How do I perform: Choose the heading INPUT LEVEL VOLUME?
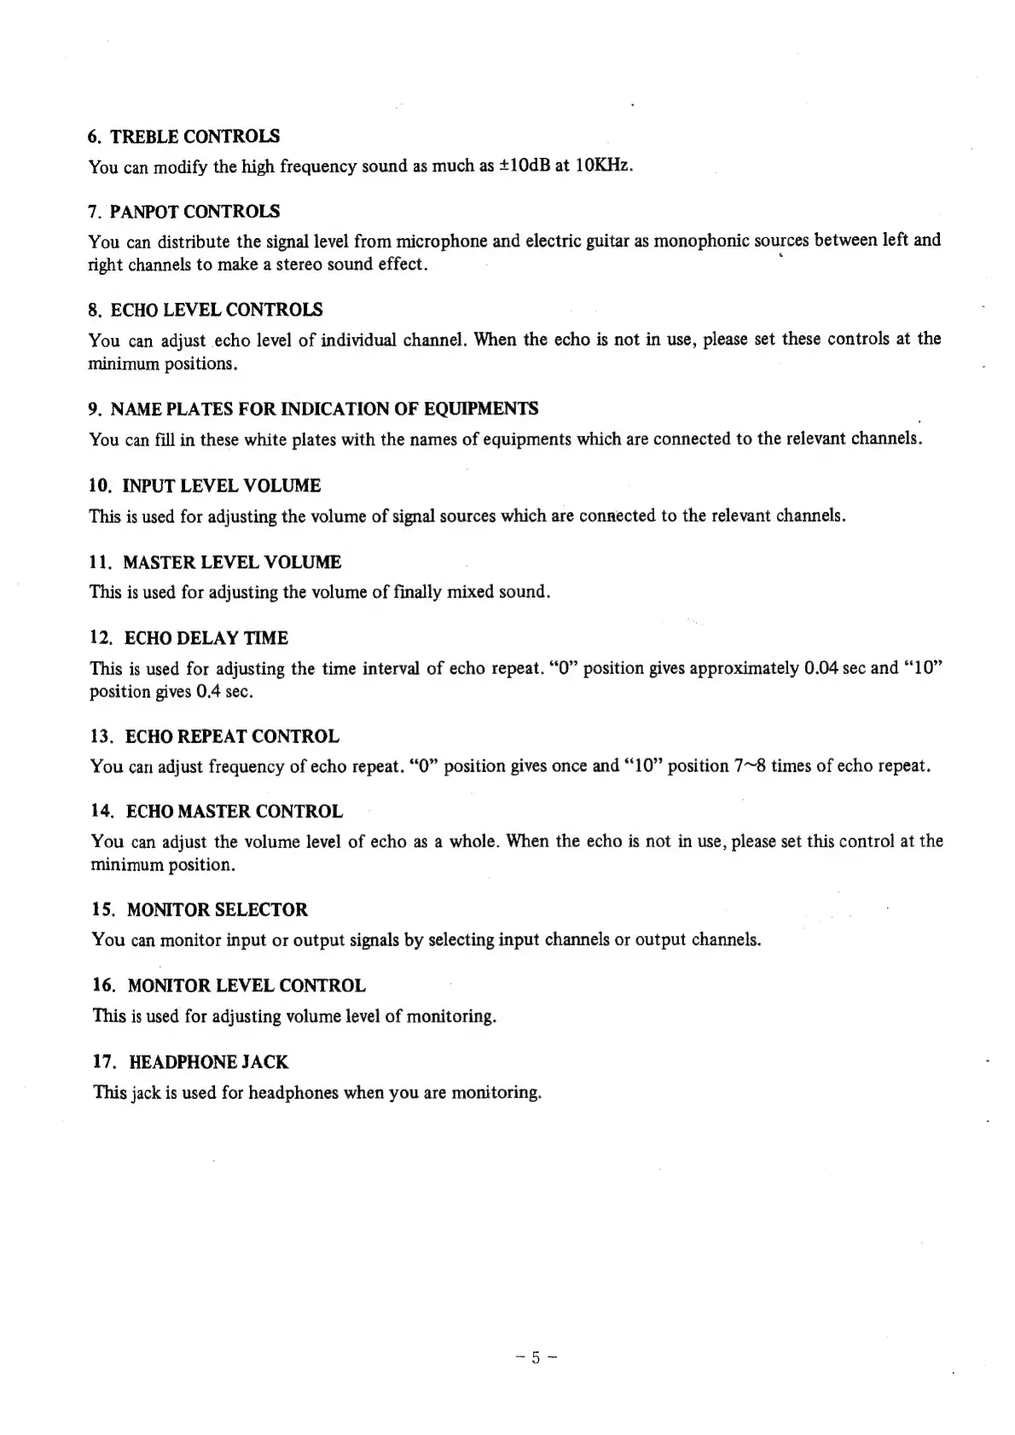pos(222,486)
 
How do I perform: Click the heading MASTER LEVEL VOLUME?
pos(232,562)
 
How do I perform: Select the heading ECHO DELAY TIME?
pos(206,638)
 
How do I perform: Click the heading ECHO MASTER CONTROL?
pos(235,811)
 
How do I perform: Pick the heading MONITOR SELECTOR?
pos(217,909)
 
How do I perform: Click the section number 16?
pos(104,986)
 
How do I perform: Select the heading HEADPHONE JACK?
pos(209,1062)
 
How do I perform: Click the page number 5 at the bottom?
pos(536,1358)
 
